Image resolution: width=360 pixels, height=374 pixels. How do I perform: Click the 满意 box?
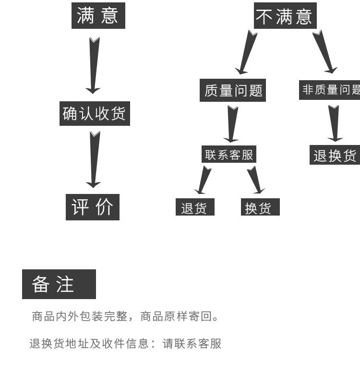pos(98,15)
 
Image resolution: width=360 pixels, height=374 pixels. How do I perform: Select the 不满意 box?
pos(285,16)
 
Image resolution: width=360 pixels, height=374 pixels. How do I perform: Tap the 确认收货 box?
pos(95,114)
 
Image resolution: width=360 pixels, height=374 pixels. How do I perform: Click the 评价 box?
pos(92,207)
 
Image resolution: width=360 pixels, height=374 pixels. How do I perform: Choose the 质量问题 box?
pos(232,90)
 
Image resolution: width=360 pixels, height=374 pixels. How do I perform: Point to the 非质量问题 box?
pos(330,89)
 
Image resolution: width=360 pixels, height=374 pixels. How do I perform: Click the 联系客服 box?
pos(228,155)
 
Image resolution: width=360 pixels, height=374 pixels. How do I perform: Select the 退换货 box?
pos(335,155)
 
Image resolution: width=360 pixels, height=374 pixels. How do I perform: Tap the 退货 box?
pos(194,208)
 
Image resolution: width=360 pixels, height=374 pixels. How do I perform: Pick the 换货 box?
pos(260,208)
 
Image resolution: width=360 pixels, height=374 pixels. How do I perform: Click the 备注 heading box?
pos(59,284)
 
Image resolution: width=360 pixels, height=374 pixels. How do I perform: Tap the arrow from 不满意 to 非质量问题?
pos(324,52)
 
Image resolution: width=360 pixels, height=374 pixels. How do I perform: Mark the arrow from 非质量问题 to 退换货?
pos(334,123)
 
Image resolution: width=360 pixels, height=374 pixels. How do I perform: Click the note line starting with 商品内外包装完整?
pos(125,317)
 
